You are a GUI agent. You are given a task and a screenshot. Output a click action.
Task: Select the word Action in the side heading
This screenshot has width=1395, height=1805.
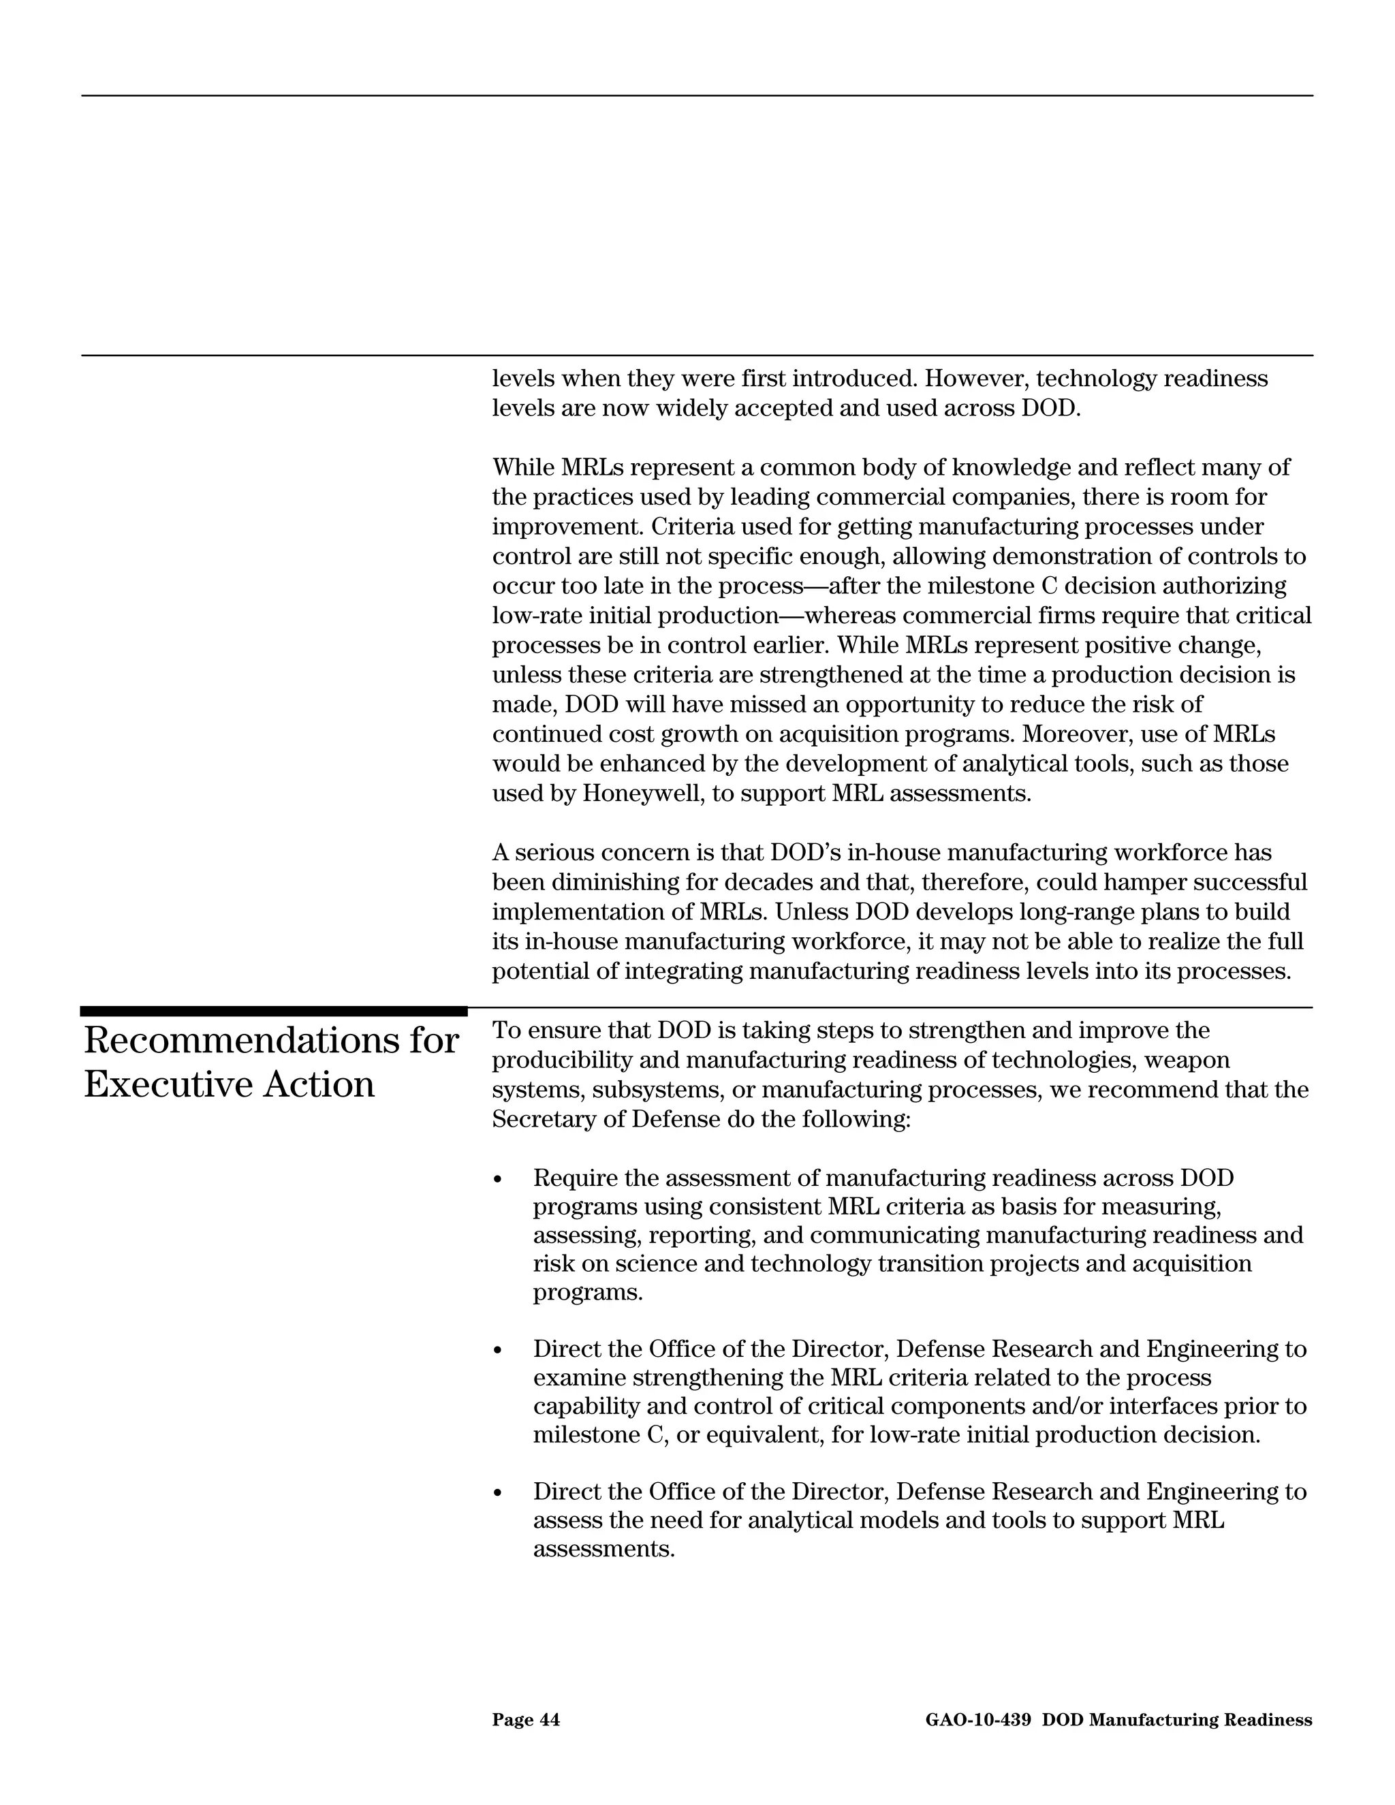319,1084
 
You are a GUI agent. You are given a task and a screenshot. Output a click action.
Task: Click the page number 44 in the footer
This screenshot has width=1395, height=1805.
550,1720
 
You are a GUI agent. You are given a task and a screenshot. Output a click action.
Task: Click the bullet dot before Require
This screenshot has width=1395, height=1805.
497,1179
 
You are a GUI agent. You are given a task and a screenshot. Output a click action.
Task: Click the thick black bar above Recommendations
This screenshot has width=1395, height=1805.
274,1011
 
